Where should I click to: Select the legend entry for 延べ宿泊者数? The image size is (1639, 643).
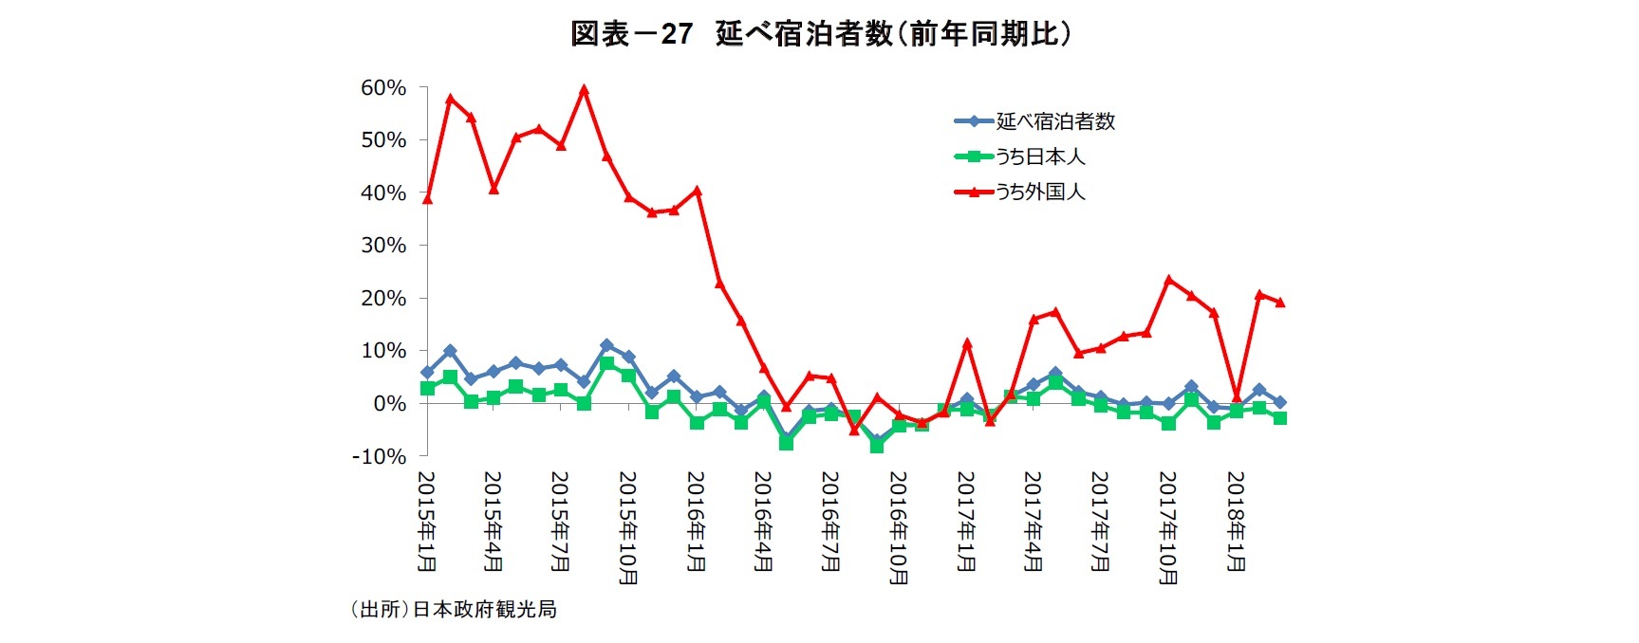(1055, 121)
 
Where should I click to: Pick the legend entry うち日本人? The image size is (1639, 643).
(1039, 156)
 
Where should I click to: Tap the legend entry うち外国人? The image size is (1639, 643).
(1039, 192)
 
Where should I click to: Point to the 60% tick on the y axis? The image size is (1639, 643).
(383, 88)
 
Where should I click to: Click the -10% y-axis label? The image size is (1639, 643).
(379, 456)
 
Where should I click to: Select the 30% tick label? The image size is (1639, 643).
(383, 246)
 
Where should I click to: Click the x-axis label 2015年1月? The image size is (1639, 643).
(427, 522)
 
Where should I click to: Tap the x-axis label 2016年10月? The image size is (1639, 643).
(899, 527)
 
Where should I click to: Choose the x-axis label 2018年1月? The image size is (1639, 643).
(1236, 522)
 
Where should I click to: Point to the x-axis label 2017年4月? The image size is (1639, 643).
(1034, 522)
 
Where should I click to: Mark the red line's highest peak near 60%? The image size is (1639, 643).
(584, 91)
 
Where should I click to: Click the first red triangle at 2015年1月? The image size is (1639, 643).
(427, 199)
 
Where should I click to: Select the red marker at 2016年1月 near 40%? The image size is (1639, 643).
(697, 191)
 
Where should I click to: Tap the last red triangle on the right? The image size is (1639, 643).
(1280, 303)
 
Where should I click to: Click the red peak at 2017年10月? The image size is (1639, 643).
(1168, 280)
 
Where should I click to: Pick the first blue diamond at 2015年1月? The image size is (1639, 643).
(427, 373)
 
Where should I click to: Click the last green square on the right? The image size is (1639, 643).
(1280, 418)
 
